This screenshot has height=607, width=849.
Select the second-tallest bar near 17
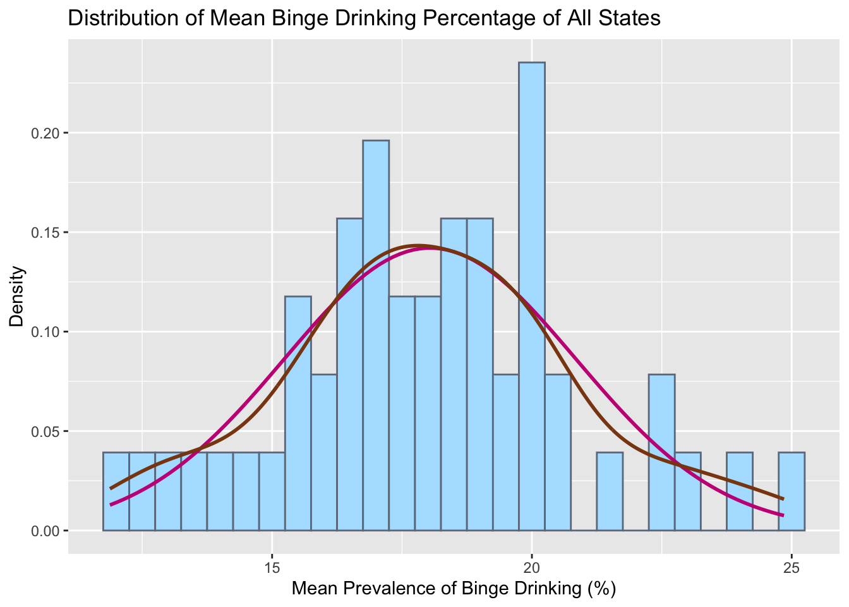[376, 335]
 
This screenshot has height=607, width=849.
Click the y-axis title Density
[17, 296]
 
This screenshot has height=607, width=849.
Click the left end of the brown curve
[111, 488]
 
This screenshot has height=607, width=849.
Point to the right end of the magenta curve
[783, 515]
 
